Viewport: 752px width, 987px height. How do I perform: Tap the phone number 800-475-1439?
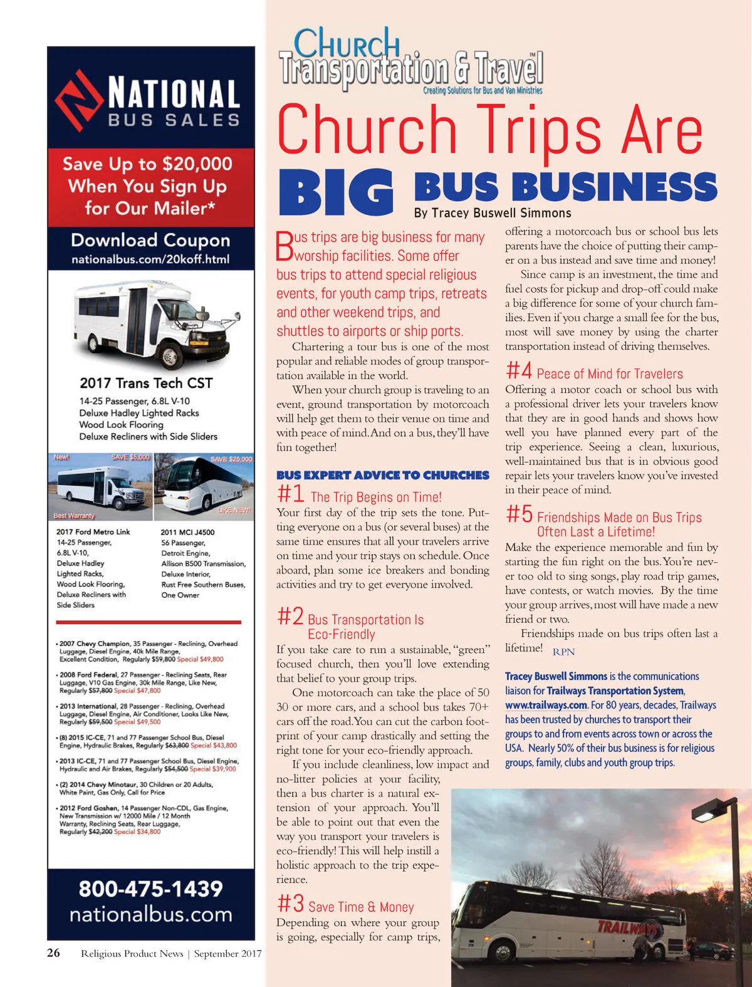pyautogui.click(x=150, y=889)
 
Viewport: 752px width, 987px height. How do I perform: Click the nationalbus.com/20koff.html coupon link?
pyautogui.click(x=150, y=259)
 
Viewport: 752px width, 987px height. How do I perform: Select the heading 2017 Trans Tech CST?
pyautogui.click(x=146, y=383)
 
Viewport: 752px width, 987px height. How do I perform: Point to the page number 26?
pyautogui.click(x=54, y=953)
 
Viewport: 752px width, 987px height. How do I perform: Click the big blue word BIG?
pyautogui.click(x=337, y=191)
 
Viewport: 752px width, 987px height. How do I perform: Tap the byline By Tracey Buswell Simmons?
pyautogui.click(x=493, y=213)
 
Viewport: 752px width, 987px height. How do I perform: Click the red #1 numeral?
pyautogui.click(x=290, y=494)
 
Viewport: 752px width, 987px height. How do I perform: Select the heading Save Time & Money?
pyautogui.click(x=361, y=907)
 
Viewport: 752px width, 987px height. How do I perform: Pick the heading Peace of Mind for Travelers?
pyautogui.click(x=610, y=374)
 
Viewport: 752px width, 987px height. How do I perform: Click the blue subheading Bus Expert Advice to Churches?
pyautogui.click(x=382, y=475)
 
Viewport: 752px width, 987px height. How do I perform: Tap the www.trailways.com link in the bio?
pyautogui.click(x=546, y=705)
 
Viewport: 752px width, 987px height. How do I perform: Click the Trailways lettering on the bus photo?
pyautogui.click(x=627, y=927)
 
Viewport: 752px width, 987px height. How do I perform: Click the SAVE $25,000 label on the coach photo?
pyautogui.click(x=231, y=459)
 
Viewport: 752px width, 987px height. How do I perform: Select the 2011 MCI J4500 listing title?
pyautogui.click(x=187, y=532)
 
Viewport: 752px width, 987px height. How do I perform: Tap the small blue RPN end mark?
pyautogui.click(x=563, y=652)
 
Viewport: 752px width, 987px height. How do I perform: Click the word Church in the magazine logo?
pyautogui.click(x=347, y=44)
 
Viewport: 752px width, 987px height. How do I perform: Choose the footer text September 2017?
pyautogui.click(x=227, y=954)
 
